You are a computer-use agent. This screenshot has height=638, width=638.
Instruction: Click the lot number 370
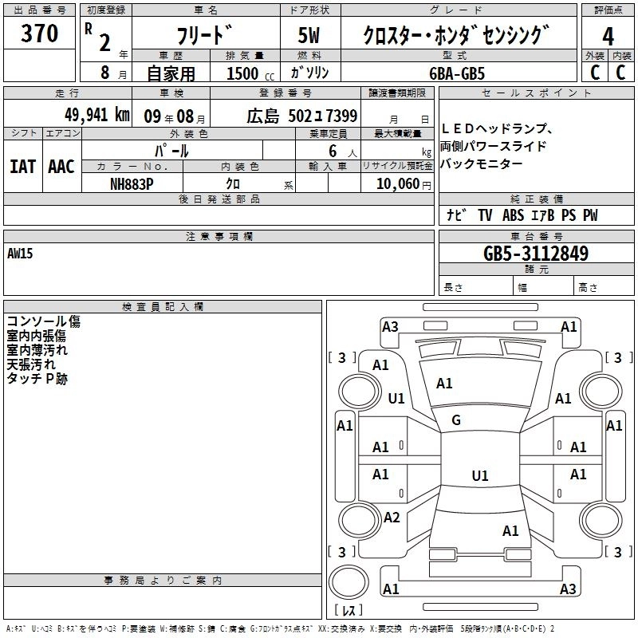click(x=41, y=33)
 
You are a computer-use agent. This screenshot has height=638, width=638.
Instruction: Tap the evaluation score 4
click(x=608, y=37)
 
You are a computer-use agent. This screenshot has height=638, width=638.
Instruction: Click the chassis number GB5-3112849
click(x=536, y=254)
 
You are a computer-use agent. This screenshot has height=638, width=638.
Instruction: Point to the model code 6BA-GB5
click(x=457, y=73)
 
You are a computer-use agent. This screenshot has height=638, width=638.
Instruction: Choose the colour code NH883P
click(x=132, y=183)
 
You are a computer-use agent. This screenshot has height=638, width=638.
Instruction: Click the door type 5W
click(x=309, y=36)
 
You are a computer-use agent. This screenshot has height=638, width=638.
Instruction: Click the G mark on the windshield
click(x=456, y=419)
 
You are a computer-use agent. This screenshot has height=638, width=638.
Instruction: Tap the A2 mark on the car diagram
click(x=391, y=518)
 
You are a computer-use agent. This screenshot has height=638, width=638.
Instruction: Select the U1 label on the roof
click(x=479, y=476)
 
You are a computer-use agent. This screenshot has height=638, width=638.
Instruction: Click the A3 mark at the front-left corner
click(x=390, y=326)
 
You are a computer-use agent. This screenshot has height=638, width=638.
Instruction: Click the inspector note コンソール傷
click(x=43, y=321)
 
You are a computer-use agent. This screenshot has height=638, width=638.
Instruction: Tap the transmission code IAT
click(x=22, y=167)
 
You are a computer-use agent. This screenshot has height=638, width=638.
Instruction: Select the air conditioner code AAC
click(x=61, y=167)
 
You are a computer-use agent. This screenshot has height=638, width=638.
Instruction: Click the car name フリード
click(x=203, y=37)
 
